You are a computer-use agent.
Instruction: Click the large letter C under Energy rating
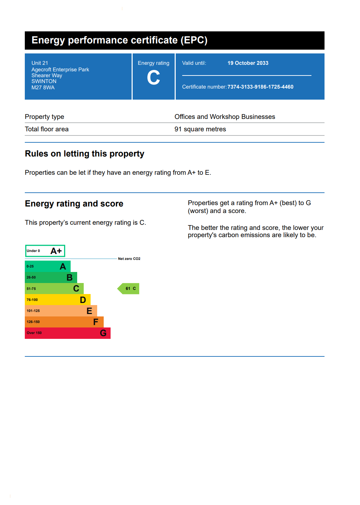153,78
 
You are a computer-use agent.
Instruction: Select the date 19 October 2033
248,63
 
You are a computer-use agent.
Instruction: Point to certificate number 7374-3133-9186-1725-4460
260,87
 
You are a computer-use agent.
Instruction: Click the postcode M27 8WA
43,88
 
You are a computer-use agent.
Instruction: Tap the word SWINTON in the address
44,81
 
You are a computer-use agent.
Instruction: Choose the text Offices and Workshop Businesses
225,117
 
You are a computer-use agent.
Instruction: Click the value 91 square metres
200,129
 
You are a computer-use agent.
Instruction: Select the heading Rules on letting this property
84,154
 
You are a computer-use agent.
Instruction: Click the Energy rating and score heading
74,204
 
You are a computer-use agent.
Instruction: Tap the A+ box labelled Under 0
45,251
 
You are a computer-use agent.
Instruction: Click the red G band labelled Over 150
68,333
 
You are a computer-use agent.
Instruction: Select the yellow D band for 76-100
58,300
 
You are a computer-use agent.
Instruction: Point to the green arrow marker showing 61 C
129,289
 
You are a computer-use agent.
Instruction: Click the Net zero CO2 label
129,259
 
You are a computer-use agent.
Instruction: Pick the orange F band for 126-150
64,322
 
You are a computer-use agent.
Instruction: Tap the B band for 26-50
51,277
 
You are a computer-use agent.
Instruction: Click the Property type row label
44,117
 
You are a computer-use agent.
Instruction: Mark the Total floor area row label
47,129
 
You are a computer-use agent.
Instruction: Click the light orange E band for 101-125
61,311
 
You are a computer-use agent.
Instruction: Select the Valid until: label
194,63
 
